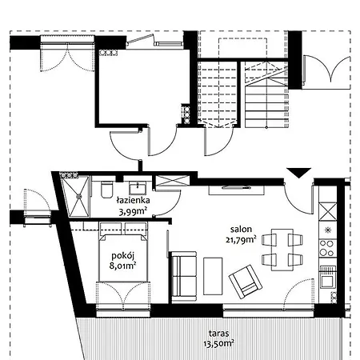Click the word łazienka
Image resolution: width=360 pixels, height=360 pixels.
pos(133,200)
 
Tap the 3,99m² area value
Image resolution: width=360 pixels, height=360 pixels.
pos(133,212)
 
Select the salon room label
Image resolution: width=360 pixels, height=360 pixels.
pos(241,229)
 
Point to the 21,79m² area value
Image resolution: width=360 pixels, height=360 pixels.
pos(241,239)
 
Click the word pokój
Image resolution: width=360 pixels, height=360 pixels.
pos(122,256)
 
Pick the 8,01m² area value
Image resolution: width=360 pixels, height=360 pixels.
pos(122,266)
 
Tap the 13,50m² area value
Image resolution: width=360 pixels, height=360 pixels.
pos(219,344)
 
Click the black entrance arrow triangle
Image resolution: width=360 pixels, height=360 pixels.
pos(299,173)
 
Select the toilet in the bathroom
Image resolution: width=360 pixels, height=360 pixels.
pos(107,189)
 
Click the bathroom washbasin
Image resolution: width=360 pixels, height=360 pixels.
pos(138,188)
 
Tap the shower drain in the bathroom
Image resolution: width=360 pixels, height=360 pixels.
pos(79,196)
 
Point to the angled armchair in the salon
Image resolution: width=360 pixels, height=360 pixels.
pos(246,282)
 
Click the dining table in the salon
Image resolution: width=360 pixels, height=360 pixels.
pos(282,250)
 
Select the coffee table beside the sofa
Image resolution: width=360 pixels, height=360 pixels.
pos(213,276)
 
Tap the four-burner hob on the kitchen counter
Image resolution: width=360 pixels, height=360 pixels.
pos(327,248)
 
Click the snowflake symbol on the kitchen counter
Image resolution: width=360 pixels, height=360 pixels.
pos(327,230)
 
